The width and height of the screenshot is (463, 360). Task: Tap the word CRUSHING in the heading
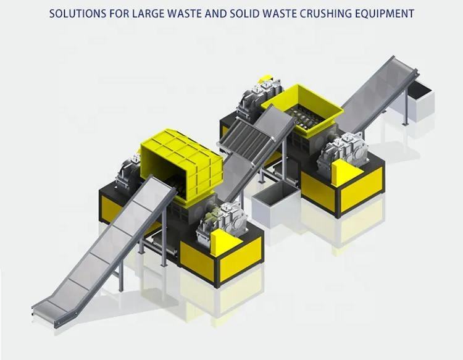coord(323,13)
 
